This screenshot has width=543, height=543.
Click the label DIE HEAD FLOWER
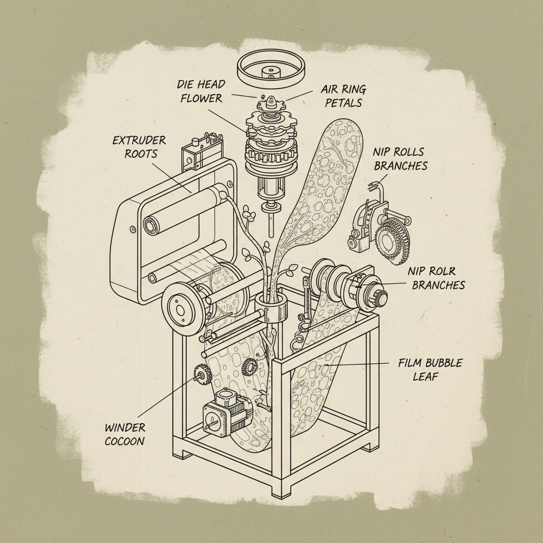coord(201,91)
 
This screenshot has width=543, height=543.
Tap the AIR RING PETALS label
coord(343,95)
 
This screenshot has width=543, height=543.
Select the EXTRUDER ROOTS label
coord(139,147)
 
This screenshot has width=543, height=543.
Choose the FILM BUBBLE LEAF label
coord(430,370)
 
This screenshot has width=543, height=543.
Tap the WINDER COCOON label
coord(125,434)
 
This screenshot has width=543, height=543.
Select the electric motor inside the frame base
coord(226,410)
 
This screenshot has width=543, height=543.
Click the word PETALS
coord(343,102)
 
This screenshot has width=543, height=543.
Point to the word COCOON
coord(125,441)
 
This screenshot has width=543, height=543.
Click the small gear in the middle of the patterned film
coord(248,366)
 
